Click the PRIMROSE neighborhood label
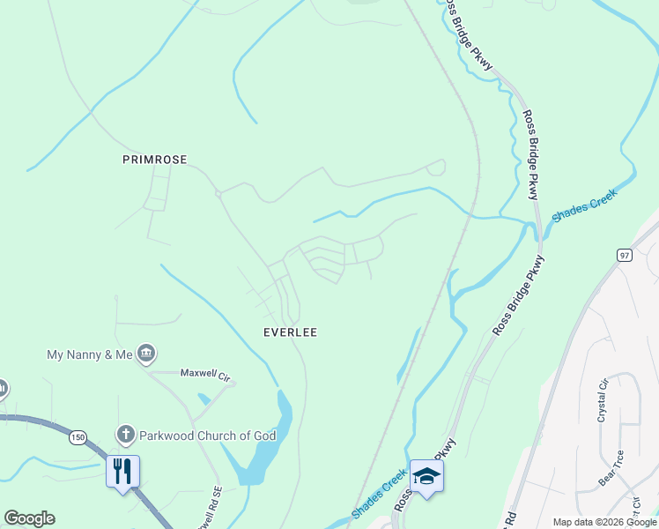155,160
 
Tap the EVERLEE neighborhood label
290,332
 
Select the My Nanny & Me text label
89,354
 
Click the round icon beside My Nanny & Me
147,354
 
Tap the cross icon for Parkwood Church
125,435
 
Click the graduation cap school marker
426,476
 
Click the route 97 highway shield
625,255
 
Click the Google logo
29,518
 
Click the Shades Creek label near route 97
585,205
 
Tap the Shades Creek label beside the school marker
379,494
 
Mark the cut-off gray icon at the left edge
3,388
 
